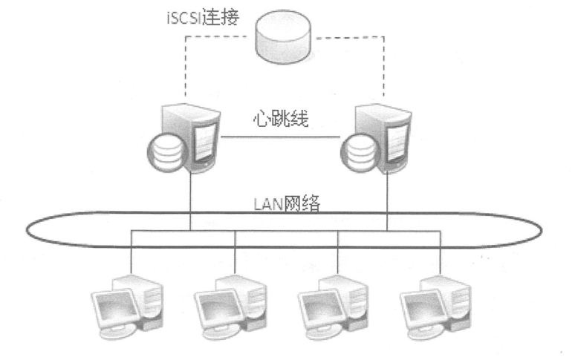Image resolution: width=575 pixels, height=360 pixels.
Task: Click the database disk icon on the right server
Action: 357,153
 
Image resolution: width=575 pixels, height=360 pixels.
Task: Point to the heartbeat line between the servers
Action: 282,137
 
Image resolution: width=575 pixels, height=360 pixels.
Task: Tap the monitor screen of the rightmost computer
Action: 421,304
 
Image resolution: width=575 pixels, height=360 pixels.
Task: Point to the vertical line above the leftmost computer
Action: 133,252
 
